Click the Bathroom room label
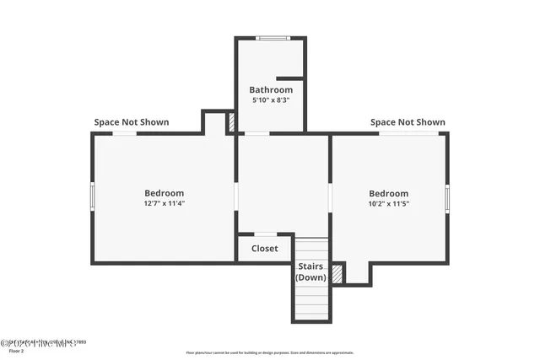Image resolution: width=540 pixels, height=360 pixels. pos(271,90)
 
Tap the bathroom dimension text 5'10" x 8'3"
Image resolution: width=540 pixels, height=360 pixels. pos(271,100)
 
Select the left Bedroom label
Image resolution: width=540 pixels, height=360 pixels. pos(164,193)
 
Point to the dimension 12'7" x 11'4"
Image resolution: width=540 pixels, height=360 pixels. pos(164,203)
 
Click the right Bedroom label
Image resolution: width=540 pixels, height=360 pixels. pos(388,193)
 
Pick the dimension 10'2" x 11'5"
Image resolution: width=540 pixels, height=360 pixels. pos(388,203)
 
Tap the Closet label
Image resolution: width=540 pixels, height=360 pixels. pos(264,249)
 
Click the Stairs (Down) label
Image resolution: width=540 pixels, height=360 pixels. pos(310,272)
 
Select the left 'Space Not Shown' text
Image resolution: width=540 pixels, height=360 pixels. pos(131,122)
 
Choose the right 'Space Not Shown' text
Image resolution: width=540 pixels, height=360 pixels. pos(408,122)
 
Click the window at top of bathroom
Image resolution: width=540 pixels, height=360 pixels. pos(271,38)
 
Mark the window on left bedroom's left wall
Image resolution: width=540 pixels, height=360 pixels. pos(92,195)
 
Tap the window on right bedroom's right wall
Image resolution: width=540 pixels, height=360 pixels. pos(447,198)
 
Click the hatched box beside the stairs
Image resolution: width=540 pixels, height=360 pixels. pos(337,274)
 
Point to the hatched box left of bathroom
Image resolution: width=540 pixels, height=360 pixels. pos(231,123)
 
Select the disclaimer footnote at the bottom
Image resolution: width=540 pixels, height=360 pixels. pos(270,353)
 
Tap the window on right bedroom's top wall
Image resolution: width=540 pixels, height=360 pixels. pos(400,133)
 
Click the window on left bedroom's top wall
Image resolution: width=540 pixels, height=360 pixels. pos(125,133)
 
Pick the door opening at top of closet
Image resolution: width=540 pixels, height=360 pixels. pos(264,234)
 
